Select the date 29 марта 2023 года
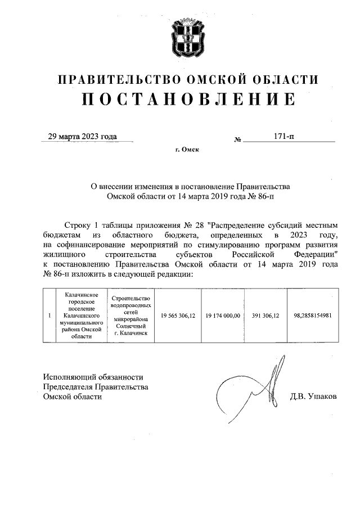click(82, 137)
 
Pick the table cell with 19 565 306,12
click(178, 316)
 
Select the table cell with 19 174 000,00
click(223, 316)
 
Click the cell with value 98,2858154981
click(312, 316)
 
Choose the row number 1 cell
click(50, 316)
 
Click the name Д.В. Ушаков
click(313, 397)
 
